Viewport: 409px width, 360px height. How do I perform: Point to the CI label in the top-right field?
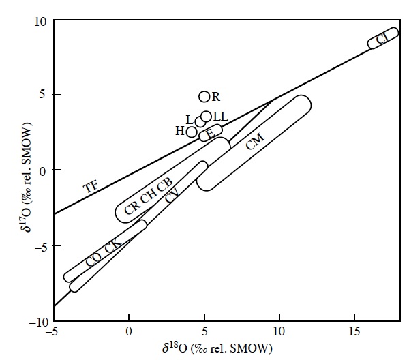tap(383, 38)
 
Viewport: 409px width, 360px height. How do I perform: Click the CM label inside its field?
tap(255, 141)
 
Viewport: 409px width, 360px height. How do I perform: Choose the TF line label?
tap(91, 186)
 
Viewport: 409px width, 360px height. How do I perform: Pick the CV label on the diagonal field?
tap(172, 195)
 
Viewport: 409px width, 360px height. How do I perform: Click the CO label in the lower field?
tap(93, 259)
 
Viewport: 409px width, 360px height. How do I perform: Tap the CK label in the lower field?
tap(113, 245)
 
